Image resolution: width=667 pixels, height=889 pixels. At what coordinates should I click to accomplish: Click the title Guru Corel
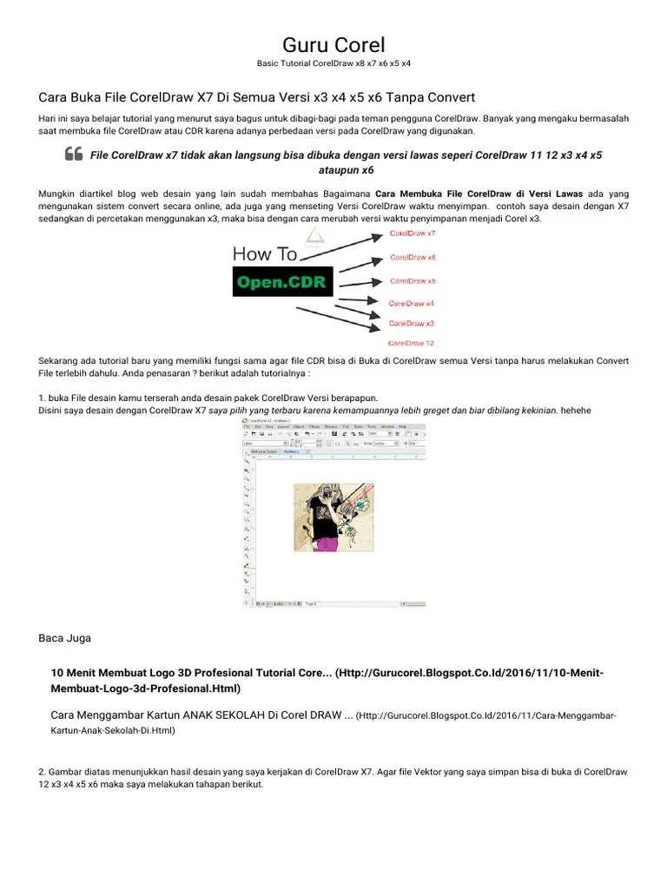click(333, 44)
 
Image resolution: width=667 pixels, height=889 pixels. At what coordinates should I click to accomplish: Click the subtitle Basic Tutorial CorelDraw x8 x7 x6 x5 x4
click(333, 64)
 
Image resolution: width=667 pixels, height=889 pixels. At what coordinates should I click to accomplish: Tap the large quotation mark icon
click(74, 155)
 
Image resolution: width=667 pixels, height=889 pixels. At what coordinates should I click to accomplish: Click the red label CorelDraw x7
click(413, 234)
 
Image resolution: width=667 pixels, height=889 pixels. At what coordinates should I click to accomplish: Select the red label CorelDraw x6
click(413, 258)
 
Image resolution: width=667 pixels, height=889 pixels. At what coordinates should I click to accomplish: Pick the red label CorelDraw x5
click(413, 281)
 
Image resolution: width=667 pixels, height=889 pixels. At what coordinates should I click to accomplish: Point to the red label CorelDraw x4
click(412, 304)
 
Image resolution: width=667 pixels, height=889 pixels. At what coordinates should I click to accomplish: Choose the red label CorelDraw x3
click(412, 323)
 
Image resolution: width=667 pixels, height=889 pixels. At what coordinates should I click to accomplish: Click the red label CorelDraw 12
click(412, 343)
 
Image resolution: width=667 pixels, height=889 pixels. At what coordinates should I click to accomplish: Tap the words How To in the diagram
click(265, 254)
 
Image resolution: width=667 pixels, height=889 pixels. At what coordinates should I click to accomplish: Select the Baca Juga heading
click(65, 638)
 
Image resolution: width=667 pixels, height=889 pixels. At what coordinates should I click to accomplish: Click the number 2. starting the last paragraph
click(43, 772)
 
